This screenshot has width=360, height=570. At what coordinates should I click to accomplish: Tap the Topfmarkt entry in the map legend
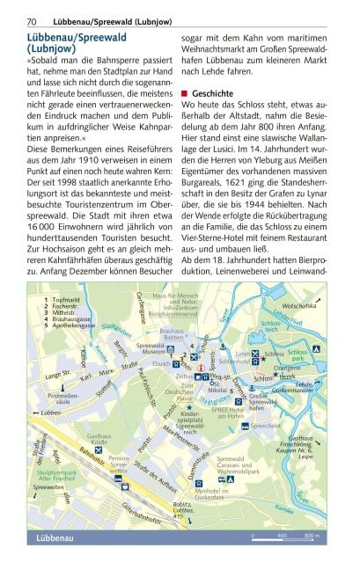[x=62, y=300]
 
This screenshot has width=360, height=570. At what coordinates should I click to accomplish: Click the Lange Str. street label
[x=48, y=375]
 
